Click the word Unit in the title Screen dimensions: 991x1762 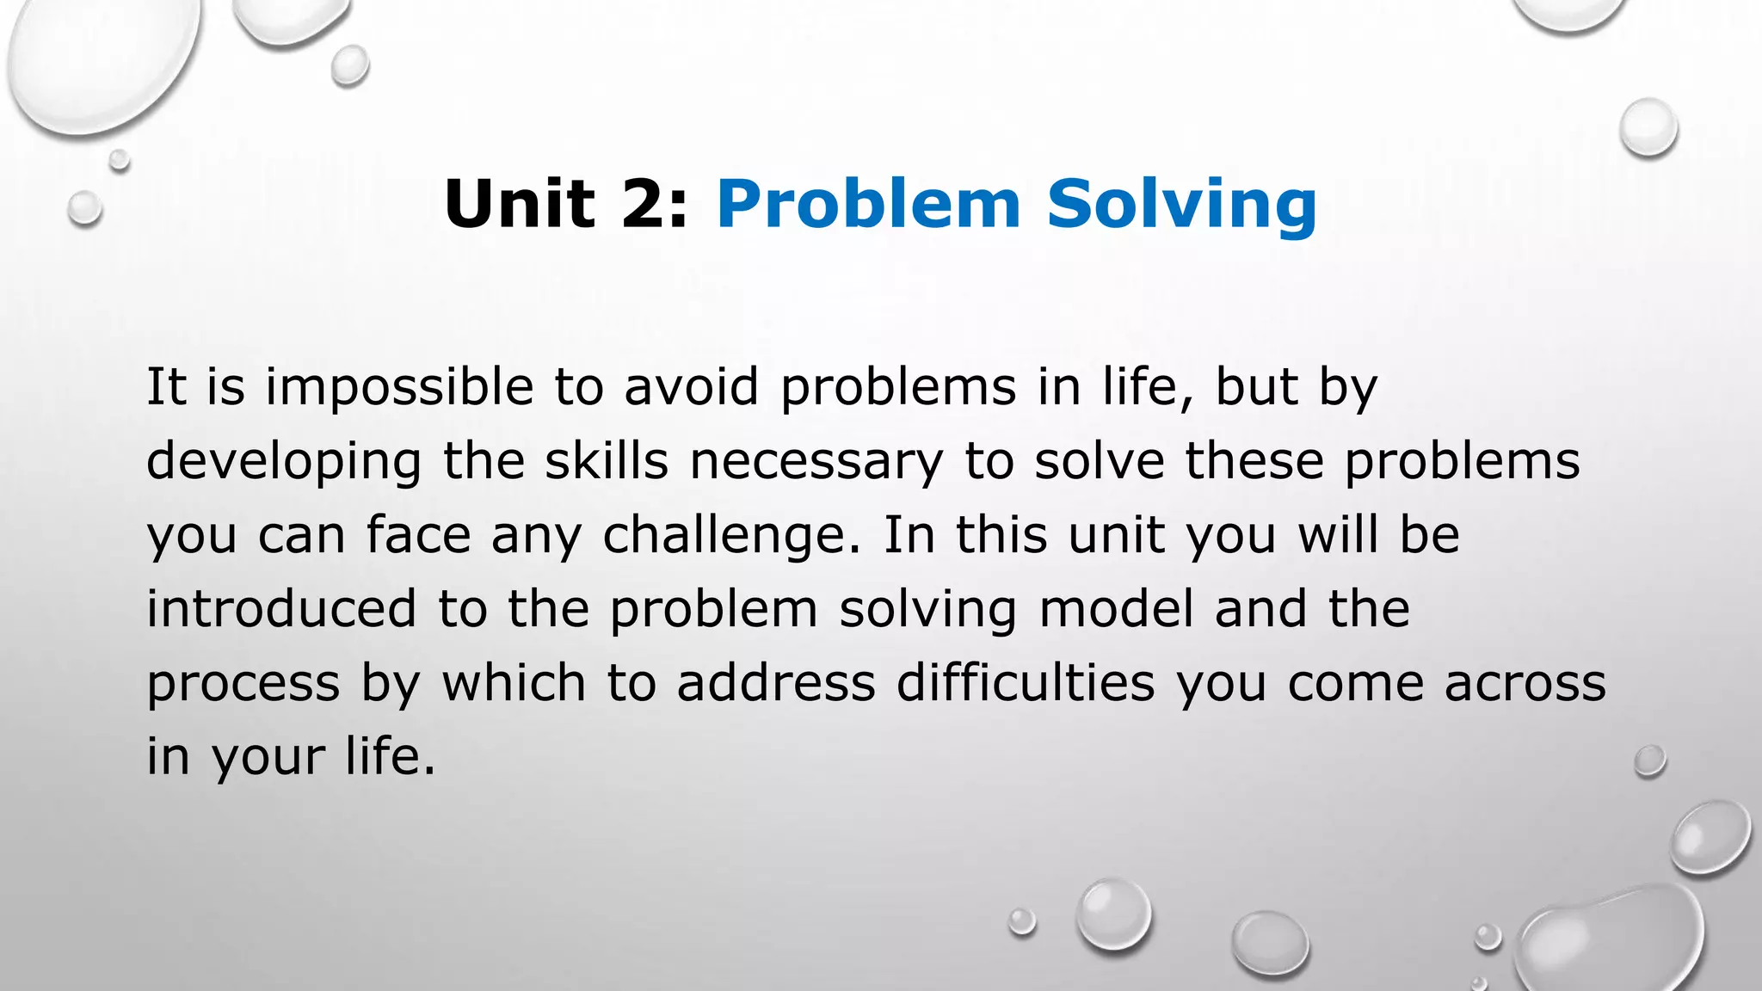pos(519,204)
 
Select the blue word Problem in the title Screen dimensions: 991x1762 pos(868,204)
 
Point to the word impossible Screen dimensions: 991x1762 pos(399,388)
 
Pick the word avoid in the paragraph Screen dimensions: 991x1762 pos(691,386)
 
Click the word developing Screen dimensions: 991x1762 pos(284,463)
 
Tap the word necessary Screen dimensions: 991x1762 pos(816,463)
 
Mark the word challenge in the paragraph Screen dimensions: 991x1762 pos(731,536)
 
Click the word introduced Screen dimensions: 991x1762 pos(281,608)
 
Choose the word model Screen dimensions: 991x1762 pos(1116,608)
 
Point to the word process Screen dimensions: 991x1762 pos(243,685)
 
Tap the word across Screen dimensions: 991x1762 pos(1525,683)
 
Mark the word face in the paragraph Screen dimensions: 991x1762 pos(418,534)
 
